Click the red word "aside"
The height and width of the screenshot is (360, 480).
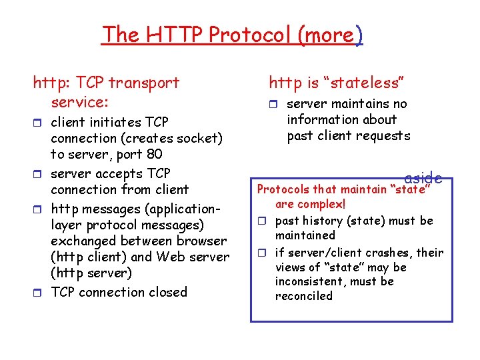(423, 178)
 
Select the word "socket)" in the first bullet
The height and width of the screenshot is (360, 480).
(198, 139)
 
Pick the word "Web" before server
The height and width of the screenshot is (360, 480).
(177, 257)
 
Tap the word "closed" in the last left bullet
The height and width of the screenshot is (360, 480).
(166, 292)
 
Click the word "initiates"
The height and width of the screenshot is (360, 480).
(114, 122)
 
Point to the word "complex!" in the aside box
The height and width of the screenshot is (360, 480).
(323, 204)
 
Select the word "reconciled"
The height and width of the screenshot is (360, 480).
(303, 296)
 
